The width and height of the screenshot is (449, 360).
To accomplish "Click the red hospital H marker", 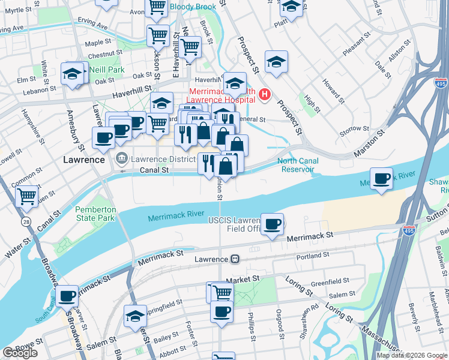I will (x=264, y=94).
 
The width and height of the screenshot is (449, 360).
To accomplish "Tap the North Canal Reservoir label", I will (x=296, y=165).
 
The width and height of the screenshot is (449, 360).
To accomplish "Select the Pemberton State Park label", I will (x=94, y=214).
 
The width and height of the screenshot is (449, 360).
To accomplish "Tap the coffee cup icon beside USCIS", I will (x=273, y=224).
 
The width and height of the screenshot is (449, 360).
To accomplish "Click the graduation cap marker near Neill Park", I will (x=72, y=74).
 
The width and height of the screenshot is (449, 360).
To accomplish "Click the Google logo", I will (x=20, y=353).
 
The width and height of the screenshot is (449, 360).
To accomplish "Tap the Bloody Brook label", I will (x=192, y=7).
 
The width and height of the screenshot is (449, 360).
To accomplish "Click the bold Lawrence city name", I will (x=84, y=160).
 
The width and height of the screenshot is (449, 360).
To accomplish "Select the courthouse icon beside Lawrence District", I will (x=121, y=159).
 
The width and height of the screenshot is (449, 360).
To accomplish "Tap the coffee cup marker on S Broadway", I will (x=67, y=295).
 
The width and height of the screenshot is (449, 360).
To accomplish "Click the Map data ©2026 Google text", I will (x=412, y=355).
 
